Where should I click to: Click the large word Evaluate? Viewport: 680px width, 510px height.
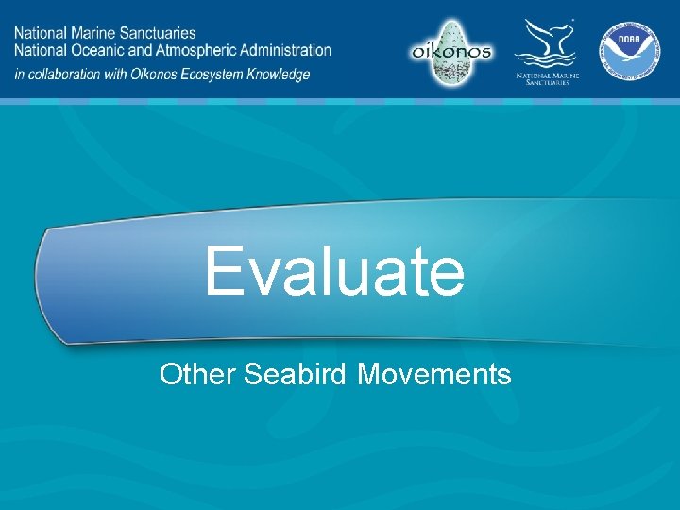[335, 270]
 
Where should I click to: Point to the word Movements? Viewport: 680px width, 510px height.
[434, 375]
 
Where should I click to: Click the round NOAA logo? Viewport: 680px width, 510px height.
[631, 52]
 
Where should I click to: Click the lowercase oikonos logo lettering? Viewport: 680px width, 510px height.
[451, 51]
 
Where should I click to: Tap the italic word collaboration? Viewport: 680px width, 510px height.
[72, 75]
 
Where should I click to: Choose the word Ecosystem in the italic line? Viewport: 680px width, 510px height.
[212, 75]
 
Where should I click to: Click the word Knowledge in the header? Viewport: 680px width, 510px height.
[279, 75]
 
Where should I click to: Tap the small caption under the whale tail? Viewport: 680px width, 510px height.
[547, 77]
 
